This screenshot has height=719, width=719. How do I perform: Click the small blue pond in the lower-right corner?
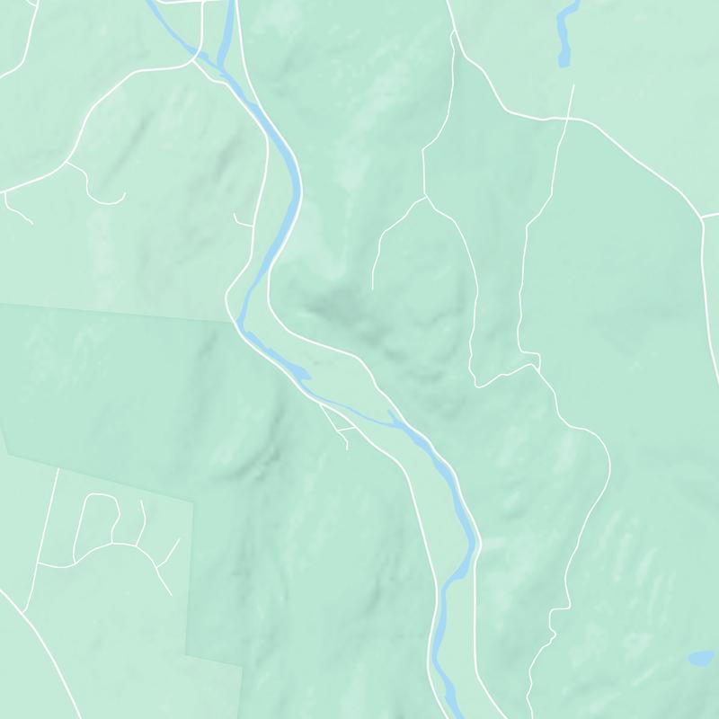point(699,658)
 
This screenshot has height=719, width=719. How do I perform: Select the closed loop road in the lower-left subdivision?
point(94,521)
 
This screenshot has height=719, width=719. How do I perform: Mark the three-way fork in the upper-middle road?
point(425,196)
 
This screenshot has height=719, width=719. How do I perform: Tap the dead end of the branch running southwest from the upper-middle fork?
point(373,288)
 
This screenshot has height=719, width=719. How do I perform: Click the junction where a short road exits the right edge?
point(701,218)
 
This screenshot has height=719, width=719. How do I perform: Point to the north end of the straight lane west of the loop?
point(58,469)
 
